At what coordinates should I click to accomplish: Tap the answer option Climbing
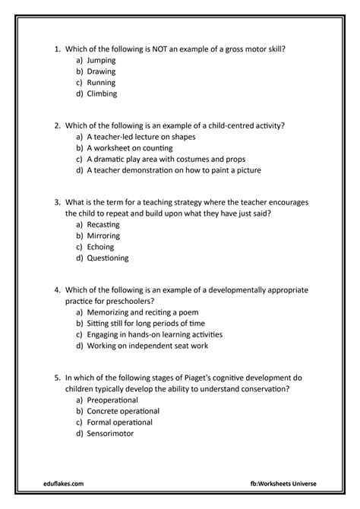pos(103,94)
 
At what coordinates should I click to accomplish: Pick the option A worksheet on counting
pos(130,147)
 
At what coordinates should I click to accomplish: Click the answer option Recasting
pos(105,226)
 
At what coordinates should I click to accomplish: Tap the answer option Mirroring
pos(105,236)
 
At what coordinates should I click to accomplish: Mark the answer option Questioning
pos(108,258)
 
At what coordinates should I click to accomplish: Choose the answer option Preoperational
pos(112,400)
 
